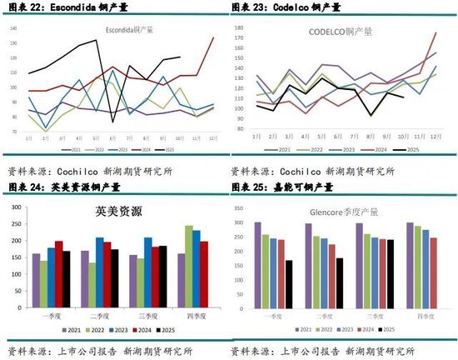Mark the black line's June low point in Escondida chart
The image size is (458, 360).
pyautogui.click(x=113, y=122)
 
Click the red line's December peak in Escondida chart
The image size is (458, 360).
pyautogui.click(x=212, y=37)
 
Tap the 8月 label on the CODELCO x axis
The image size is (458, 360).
pyautogui.click(x=372, y=134)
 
